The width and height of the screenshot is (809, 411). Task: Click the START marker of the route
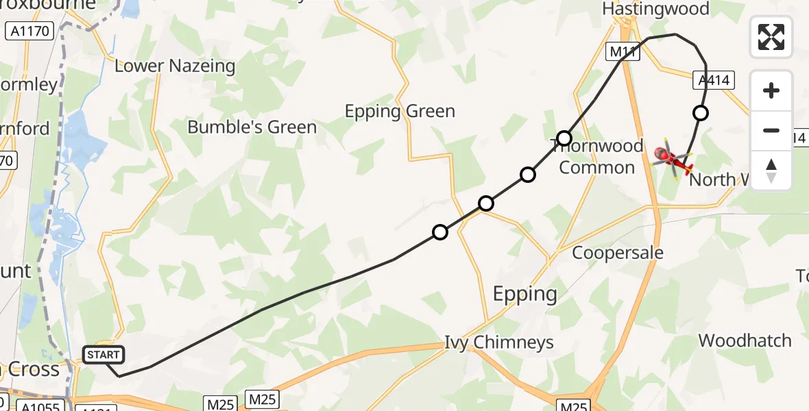point(104,355)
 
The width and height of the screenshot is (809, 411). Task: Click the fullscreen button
point(771,37)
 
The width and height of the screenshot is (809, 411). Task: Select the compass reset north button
point(771,170)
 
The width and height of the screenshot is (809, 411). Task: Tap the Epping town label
point(525,295)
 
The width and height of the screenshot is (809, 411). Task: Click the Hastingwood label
point(655,9)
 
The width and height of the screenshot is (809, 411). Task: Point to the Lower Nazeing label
point(175,66)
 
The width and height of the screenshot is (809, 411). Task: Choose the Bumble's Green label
point(252,127)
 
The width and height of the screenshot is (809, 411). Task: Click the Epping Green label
point(400,111)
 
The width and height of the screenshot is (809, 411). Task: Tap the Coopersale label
point(618,253)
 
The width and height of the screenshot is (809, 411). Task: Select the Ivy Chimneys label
point(499,342)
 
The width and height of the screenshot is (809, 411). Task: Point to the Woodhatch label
point(745,340)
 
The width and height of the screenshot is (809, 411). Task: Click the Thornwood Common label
point(597,157)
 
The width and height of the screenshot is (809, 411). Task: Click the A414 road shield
point(714,81)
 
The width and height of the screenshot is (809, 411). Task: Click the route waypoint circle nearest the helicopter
point(700,113)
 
